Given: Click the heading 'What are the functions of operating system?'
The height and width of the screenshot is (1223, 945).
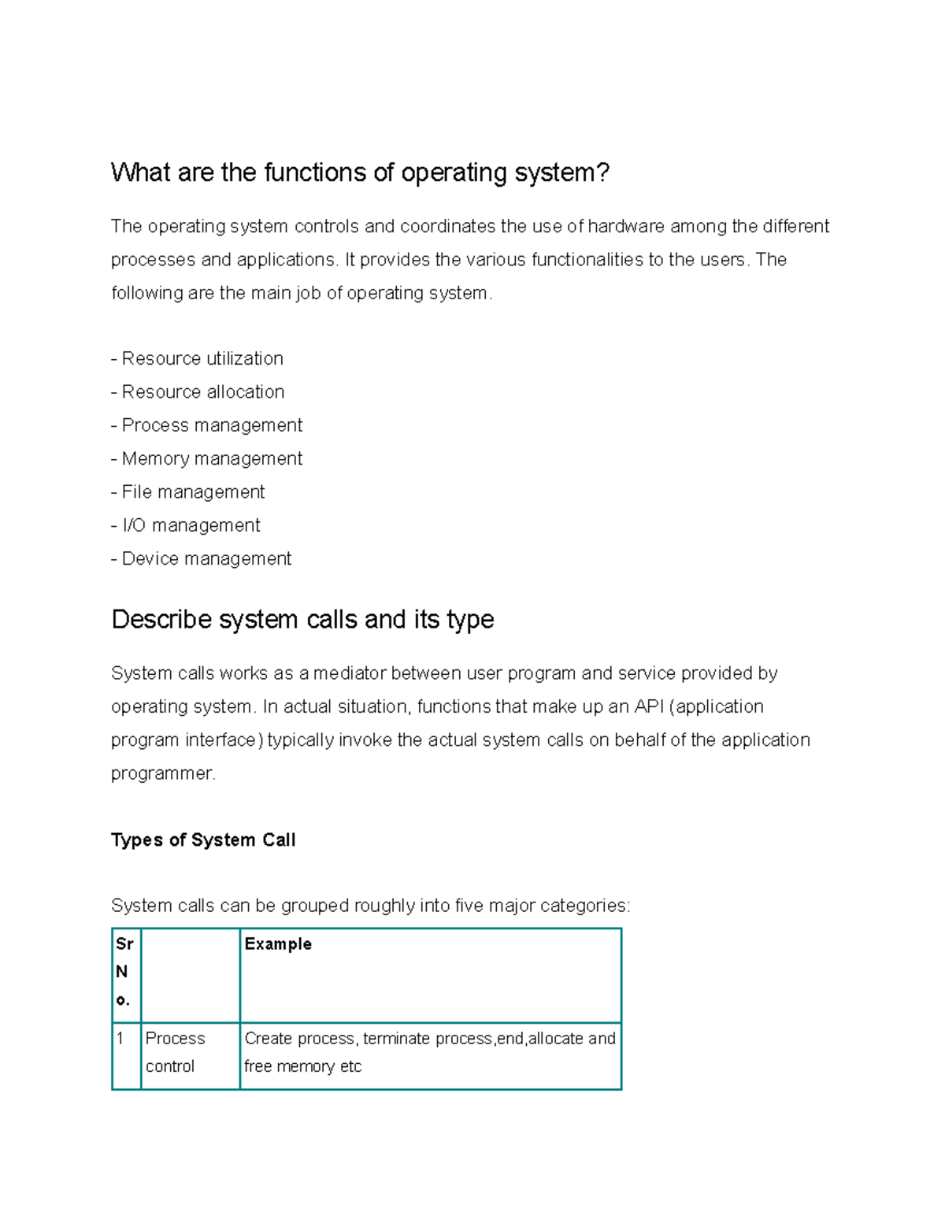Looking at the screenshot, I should tap(360, 172).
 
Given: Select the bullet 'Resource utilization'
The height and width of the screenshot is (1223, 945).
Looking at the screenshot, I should tap(202, 359).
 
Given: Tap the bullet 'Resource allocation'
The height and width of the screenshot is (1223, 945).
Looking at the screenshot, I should tap(202, 392).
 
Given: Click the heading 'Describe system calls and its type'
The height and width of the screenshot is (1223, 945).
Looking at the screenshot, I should tap(302, 620).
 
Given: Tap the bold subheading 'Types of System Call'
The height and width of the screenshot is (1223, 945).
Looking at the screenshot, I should tap(203, 840).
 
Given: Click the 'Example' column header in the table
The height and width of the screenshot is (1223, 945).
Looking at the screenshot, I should tap(278, 944).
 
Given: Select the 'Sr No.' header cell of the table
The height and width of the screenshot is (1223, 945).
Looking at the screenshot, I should tap(124, 972).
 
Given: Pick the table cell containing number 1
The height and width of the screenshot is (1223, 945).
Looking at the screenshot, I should tap(120, 1039).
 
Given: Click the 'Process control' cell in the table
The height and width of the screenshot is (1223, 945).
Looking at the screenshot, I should tap(175, 1052).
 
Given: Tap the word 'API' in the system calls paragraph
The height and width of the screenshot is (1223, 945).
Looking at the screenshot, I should tap(649, 707).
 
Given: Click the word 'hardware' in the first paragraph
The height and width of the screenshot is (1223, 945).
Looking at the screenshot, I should tap(626, 227).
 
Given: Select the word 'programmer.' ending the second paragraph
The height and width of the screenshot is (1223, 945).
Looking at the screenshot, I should tap(163, 774).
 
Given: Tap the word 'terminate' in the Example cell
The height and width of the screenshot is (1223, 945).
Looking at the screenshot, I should tap(397, 1039).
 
